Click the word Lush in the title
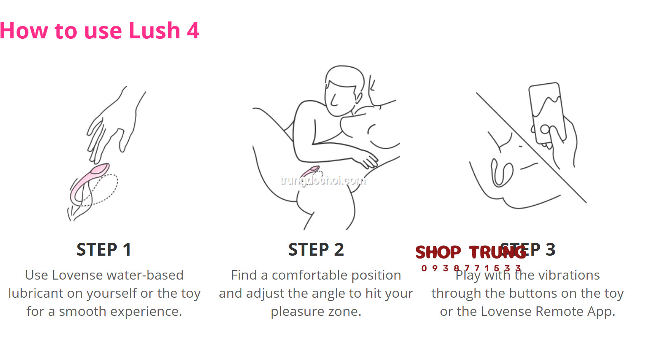click(154, 31)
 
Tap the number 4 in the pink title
click(193, 31)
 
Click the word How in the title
click(24, 31)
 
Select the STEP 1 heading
click(104, 250)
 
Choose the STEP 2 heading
click(316, 250)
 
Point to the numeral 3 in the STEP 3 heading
click(551, 250)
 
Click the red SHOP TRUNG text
click(470, 252)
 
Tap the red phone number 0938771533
click(471, 268)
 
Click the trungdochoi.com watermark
click(322, 180)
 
